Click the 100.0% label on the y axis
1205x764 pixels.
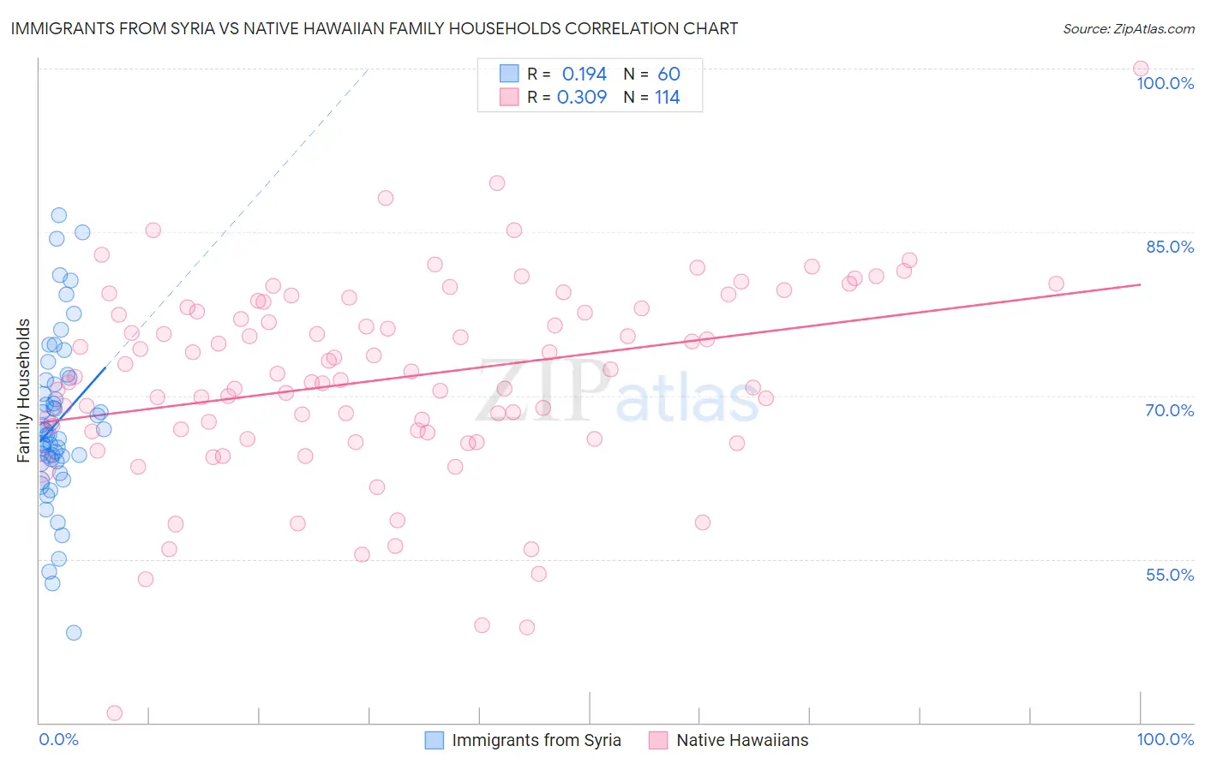(x=1165, y=83)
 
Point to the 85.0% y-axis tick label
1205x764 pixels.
(x=1170, y=247)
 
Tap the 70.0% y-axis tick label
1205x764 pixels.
(x=1170, y=410)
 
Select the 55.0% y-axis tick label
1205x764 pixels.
(x=1170, y=575)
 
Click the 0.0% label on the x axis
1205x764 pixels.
(x=58, y=739)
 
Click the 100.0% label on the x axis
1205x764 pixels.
(x=1165, y=739)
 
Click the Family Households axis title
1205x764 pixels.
(x=24, y=391)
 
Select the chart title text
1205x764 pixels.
(x=374, y=28)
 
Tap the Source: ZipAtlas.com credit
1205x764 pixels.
(x=1128, y=29)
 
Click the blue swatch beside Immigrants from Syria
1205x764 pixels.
(x=435, y=740)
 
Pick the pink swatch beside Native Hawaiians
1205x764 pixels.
(x=658, y=740)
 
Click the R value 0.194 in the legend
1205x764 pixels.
(x=584, y=74)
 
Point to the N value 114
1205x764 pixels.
(x=667, y=97)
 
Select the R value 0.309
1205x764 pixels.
(x=582, y=97)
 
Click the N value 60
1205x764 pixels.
(x=668, y=74)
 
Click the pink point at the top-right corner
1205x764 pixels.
(x=1141, y=69)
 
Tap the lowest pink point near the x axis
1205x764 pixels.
(x=114, y=713)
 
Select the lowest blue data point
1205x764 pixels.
(x=74, y=633)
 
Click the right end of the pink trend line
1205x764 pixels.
(x=1140, y=284)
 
